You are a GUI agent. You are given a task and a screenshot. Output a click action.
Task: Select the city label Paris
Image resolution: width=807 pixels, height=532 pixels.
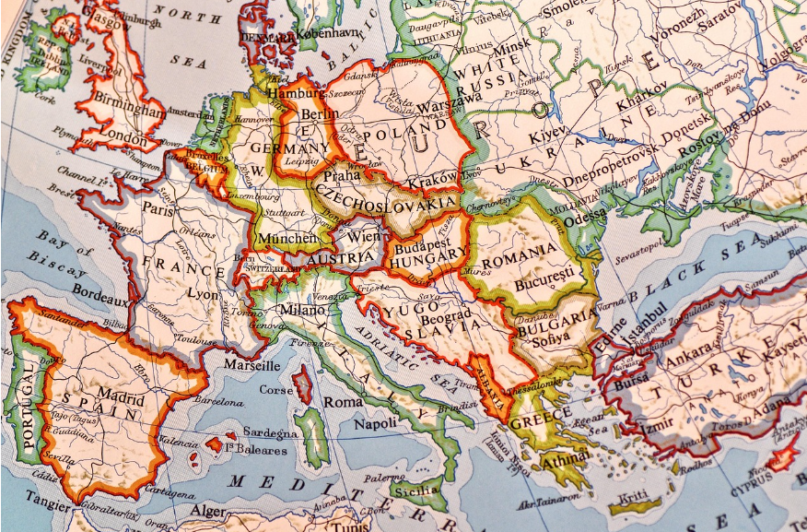158,209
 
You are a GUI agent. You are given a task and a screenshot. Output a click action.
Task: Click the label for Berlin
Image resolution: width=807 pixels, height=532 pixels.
321,113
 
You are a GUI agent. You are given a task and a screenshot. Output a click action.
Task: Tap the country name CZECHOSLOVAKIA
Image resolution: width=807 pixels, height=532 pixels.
386,196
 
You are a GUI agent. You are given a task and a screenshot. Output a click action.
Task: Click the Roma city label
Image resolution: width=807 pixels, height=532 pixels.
343,402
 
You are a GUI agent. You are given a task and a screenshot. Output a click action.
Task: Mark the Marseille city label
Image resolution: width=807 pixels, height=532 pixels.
251,365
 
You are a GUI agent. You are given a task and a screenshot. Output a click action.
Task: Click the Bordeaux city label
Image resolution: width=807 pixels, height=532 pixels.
99,301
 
